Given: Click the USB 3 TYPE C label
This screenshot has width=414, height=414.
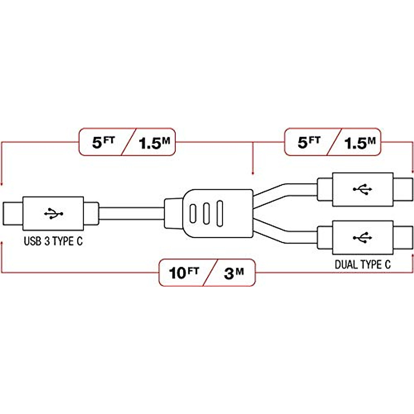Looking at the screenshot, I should point(53,241).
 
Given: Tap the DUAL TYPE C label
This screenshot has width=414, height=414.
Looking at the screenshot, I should point(363,265).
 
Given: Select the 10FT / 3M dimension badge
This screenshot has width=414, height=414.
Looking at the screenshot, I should point(207,273).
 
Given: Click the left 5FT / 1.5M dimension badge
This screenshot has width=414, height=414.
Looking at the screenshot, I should point(127,142).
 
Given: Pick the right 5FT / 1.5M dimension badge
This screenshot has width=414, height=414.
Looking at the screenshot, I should point(333,142).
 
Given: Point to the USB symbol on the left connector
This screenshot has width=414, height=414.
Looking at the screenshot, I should point(53,214).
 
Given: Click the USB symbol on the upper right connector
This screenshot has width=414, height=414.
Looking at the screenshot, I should point(363,189).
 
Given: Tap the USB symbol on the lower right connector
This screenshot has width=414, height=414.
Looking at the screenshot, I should point(363,237).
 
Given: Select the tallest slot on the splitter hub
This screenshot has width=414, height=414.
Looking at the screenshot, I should point(219,214).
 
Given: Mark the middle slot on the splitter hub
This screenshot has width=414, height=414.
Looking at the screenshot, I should point(206,214).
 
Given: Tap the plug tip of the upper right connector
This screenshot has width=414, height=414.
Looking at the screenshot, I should point(403,189).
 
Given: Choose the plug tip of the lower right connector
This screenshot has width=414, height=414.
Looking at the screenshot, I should point(403,237).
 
